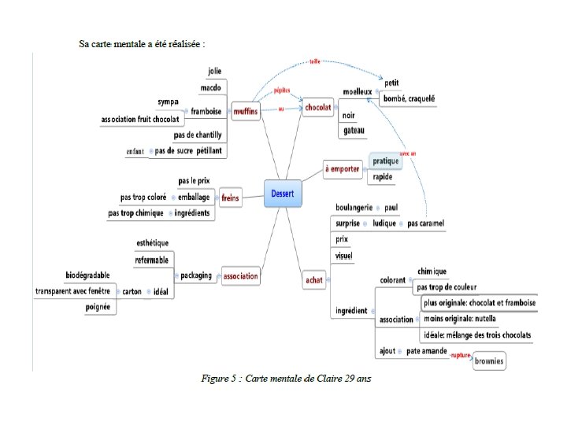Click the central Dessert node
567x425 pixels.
click(283, 193)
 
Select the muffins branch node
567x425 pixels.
click(245, 112)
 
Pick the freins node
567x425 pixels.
click(230, 198)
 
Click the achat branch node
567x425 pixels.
click(314, 279)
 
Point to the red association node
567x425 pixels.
click(240, 276)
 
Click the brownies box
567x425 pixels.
click(489, 361)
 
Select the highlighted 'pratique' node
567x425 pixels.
click(386, 161)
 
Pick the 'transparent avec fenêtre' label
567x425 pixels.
click(75, 291)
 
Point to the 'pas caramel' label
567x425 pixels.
click(425, 224)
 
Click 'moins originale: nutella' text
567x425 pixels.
click(460, 319)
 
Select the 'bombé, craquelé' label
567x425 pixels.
click(409, 98)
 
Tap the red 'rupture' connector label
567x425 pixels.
click(461, 356)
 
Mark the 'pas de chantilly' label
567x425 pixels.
click(198, 135)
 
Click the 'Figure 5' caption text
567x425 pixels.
click(285, 379)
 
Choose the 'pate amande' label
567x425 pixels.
click(425, 351)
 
